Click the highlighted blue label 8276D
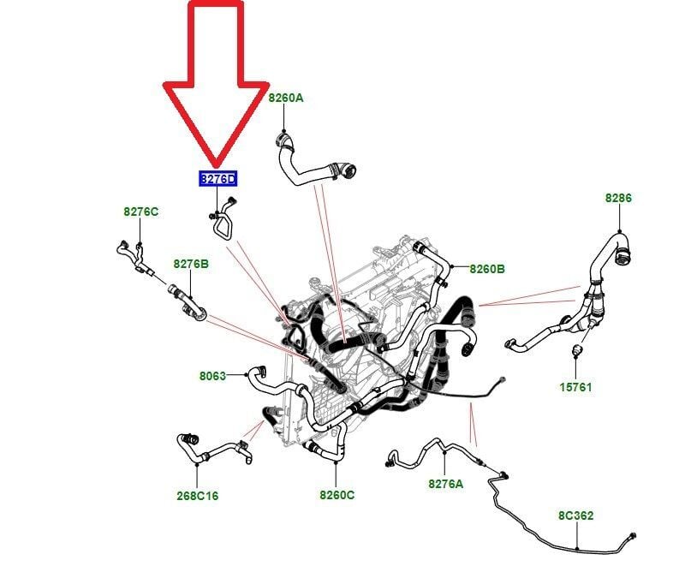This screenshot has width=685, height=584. (218, 179)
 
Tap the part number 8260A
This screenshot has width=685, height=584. (286, 98)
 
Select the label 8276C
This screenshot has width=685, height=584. (140, 212)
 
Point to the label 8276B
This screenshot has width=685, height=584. (191, 264)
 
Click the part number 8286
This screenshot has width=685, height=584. (618, 198)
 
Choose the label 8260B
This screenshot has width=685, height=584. (487, 269)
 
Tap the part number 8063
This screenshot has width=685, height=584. (212, 376)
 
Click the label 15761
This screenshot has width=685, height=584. (575, 387)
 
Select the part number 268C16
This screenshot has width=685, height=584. (198, 496)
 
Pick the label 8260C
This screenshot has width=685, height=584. (337, 495)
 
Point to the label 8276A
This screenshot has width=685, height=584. (445, 484)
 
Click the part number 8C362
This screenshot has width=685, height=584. (575, 515)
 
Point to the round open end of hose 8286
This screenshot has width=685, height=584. (623, 255)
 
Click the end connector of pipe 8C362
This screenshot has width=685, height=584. (632, 536)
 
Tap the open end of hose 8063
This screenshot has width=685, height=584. (261, 371)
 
